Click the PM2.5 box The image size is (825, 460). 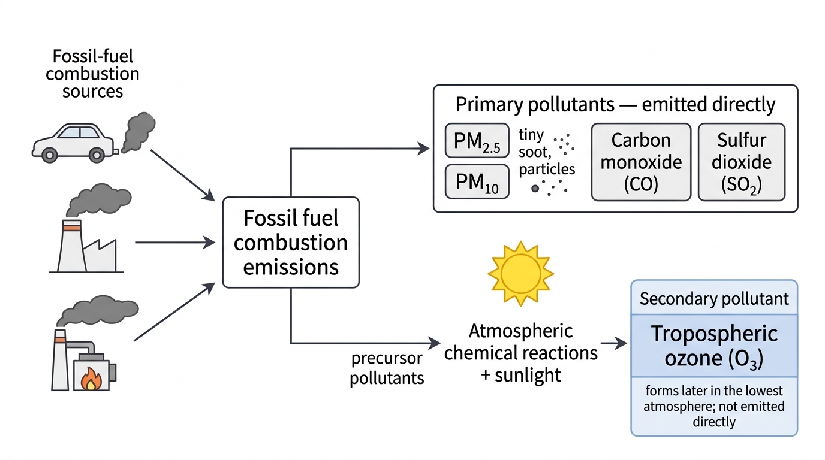pyautogui.click(x=477, y=141)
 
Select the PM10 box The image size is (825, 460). pyautogui.click(x=477, y=182)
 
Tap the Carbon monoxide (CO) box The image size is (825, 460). pyautogui.click(x=641, y=162)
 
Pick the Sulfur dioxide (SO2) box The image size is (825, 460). pyautogui.click(x=742, y=162)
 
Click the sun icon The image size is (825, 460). pyautogui.click(x=521, y=274)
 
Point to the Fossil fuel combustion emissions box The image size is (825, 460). pyautogui.click(x=291, y=243)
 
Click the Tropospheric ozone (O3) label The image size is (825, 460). pyautogui.click(x=714, y=346)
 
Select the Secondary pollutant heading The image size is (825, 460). pyautogui.click(x=714, y=298)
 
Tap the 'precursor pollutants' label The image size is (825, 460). pyautogui.click(x=387, y=368)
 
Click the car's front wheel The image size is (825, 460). pyautogui.click(x=49, y=155)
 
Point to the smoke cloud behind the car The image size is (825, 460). pyautogui.click(x=138, y=132)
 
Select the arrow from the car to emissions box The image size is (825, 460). pyautogui.click(x=183, y=175)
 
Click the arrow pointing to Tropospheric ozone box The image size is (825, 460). pyautogui.click(x=614, y=343)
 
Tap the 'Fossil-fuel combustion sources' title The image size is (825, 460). pyautogui.click(x=92, y=74)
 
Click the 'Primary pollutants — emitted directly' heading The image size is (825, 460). pyautogui.click(x=615, y=104)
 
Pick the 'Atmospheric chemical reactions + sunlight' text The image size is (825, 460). pyautogui.click(x=521, y=353)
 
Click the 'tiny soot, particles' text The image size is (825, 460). pyautogui.click(x=547, y=152)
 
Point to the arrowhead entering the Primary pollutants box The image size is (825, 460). pyautogui.click(x=423, y=149)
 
